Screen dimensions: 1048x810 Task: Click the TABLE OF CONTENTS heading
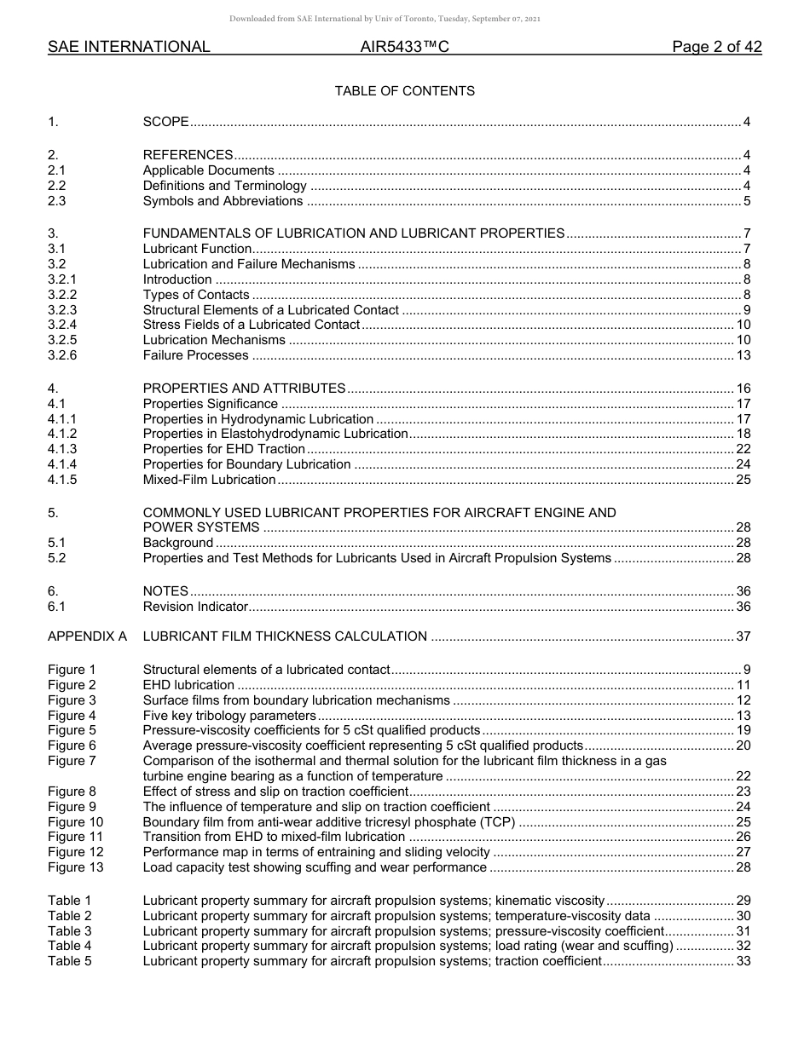pos(404,90)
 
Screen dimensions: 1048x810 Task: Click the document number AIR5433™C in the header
pos(404,48)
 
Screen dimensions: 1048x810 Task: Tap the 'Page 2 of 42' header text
pos(716,48)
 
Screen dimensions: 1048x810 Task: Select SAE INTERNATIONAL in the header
pos(129,48)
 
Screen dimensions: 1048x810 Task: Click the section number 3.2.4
pos(62,325)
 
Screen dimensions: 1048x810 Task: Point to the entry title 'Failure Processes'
pos(195,355)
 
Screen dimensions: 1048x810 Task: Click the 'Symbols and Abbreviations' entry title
pos(223,201)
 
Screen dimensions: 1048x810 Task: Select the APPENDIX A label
pos(87,636)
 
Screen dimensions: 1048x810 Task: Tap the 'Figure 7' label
pos(72,761)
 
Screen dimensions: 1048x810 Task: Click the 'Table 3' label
pos(69,931)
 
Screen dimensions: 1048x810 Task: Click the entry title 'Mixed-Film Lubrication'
pos(209,480)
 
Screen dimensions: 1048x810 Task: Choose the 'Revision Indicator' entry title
pos(195,607)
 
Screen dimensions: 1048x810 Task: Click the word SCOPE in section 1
pos(165,122)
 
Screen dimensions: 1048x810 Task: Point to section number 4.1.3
pos(62,449)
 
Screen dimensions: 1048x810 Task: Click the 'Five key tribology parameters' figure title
pos(229,716)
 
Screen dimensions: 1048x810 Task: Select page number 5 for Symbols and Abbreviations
pos(746,201)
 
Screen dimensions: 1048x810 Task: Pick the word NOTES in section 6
pos(165,591)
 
